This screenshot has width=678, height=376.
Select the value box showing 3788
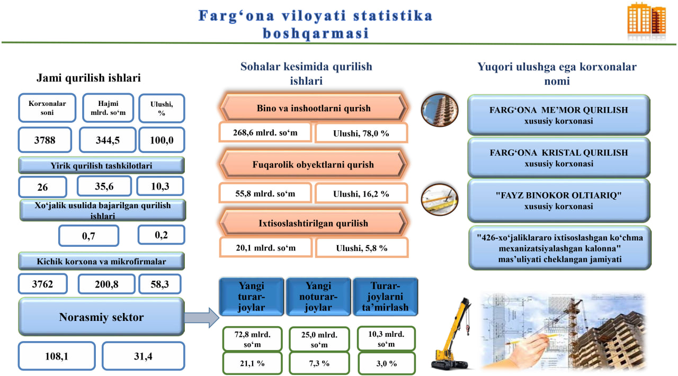(x=45, y=140)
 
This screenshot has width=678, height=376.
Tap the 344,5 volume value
(x=108, y=140)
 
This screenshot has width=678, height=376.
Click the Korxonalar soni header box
(x=47, y=108)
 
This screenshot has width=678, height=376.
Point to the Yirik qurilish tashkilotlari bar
(x=101, y=165)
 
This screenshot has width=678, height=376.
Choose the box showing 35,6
(x=104, y=186)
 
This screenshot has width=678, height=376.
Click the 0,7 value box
(x=88, y=236)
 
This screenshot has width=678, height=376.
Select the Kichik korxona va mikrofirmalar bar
(x=101, y=261)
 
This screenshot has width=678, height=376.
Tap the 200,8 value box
(x=106, y=284)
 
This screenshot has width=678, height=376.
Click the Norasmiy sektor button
(x=101, y=317)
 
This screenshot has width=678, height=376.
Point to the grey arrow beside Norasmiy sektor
(x=202, y=318)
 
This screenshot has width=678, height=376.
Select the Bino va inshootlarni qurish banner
(x=313, y=108)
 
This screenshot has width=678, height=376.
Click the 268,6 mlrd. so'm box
(x=265, y=132)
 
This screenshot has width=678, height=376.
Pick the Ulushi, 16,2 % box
(x=361, y=193)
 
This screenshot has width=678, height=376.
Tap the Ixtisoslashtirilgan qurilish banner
(x=313, y=223)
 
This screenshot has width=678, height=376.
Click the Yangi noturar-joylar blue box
(x=318, y=297)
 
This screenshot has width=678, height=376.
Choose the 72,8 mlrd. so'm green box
(x=252, y=339)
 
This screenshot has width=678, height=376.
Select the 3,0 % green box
(x=387, y=363)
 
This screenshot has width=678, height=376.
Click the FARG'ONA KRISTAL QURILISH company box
(x=559, y=158)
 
